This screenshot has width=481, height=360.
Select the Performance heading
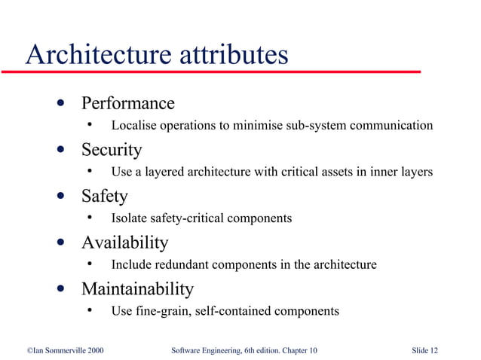click(127, 103)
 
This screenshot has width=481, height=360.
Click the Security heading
click(111, 150)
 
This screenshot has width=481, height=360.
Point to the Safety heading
click(104, 197)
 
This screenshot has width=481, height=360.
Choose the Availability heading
click(124, 243)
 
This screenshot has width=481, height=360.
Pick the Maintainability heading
click(137, 289)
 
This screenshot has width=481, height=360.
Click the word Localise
click(133, 125)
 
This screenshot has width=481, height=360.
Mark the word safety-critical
click(184, 218)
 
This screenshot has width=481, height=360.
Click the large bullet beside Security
click(60, 150)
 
